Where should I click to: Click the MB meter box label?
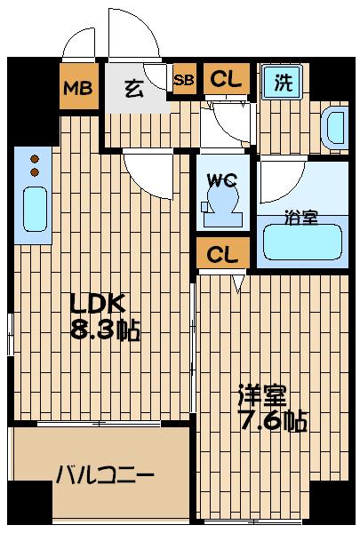click(78, 88)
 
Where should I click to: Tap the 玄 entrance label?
click(134, 87)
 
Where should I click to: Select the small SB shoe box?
click(185, 80)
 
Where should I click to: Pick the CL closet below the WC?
click(223, 254)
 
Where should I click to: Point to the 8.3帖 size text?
click(105, 333)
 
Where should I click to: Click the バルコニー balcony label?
click(105, 475)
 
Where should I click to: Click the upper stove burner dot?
click(36, 157)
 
